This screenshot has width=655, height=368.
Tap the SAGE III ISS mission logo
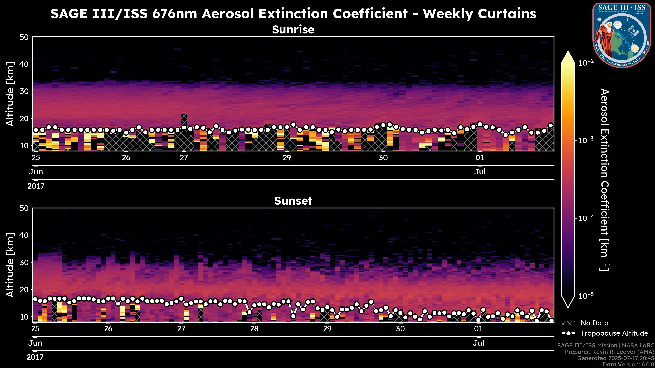click(622, 35)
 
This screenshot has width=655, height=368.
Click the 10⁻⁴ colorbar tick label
click(586, 218)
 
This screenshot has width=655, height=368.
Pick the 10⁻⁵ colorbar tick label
click(586, 296)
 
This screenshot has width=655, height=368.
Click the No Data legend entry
click(594, 323)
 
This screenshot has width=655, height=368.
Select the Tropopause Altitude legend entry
click(614, 333)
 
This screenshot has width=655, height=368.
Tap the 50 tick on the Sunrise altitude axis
click(25, 37)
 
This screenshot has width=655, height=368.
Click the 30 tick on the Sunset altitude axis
click(25, 262)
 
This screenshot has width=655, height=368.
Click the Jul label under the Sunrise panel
click(480, 172)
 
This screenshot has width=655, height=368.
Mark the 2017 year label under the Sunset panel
click(35, 357)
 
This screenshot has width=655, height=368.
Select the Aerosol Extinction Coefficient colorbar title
click(604, 180)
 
